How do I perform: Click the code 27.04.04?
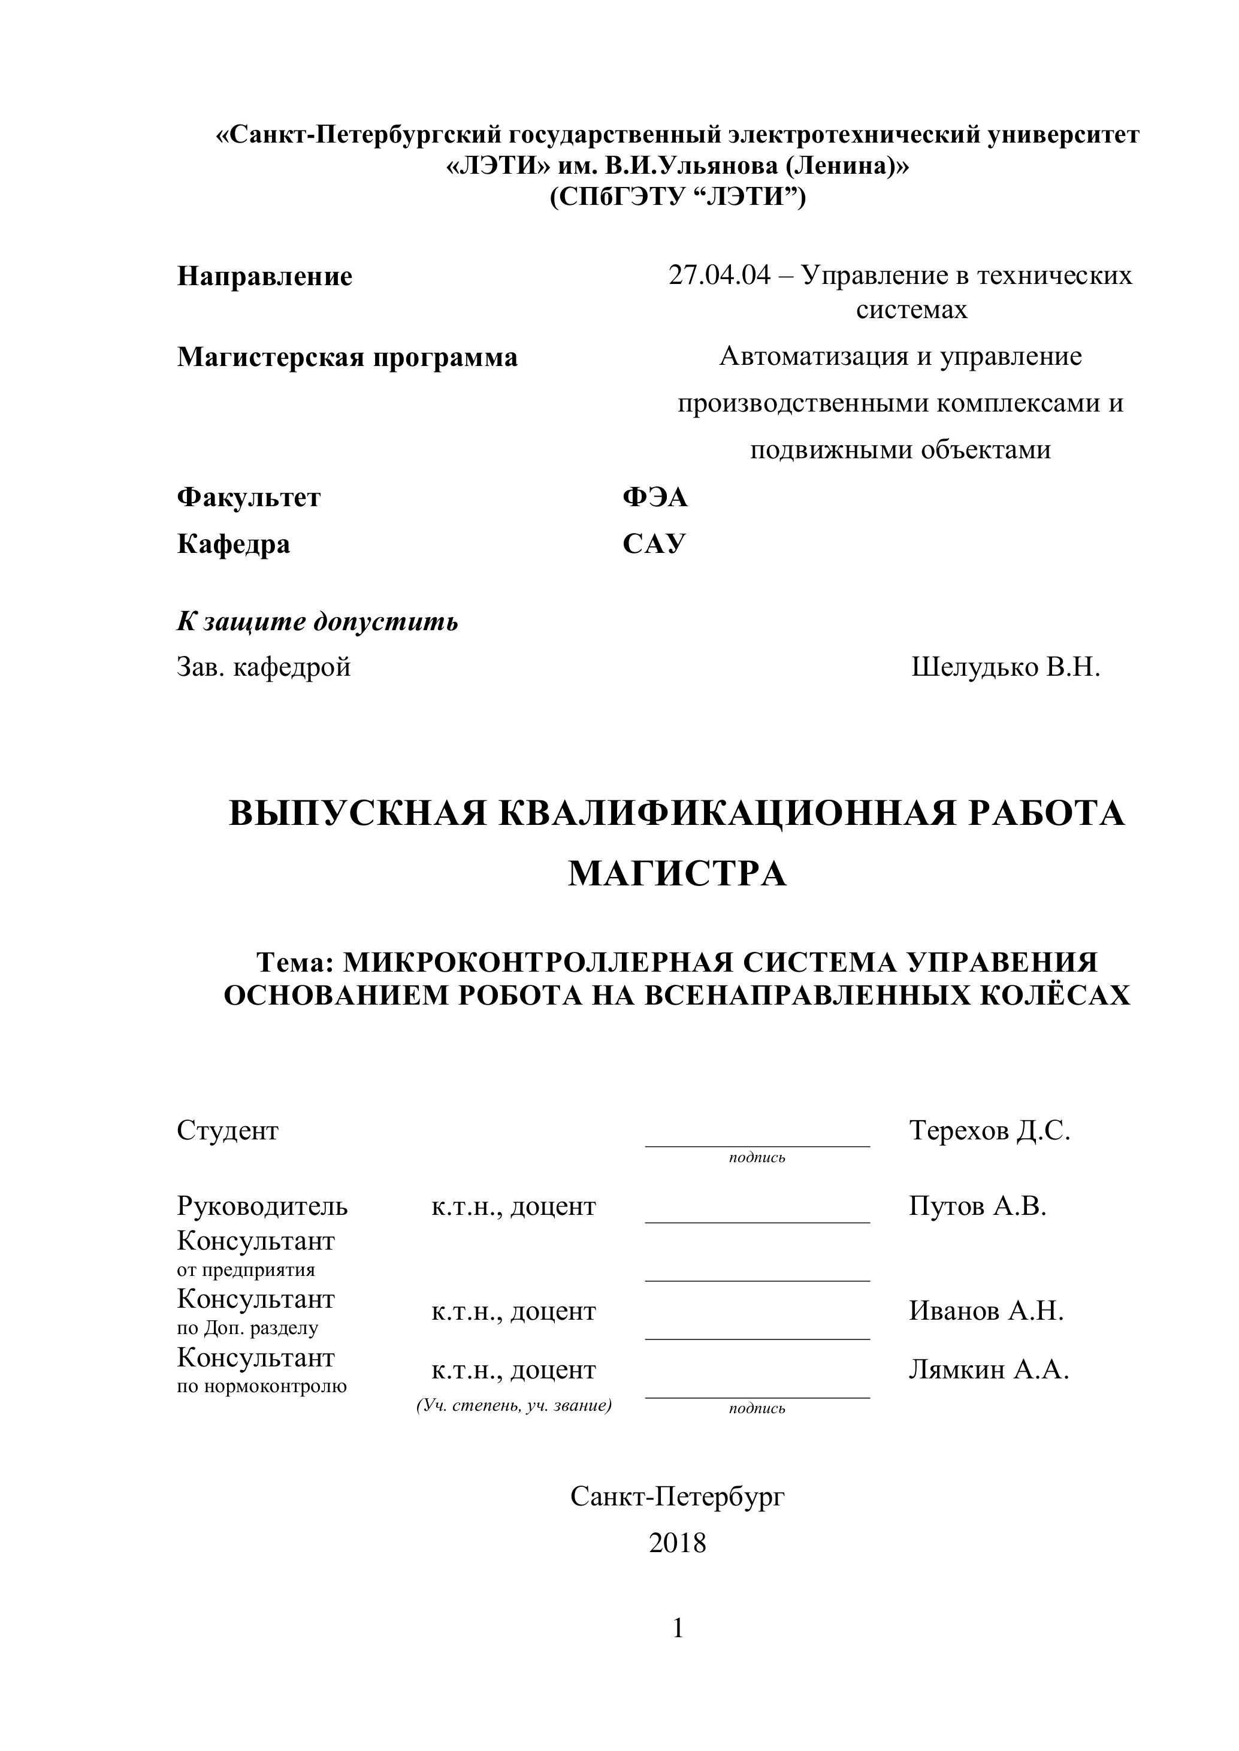tap(720, 276)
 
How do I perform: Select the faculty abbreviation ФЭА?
tap(655, 497)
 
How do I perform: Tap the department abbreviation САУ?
tap(654, 544)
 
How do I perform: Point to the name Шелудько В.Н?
tap(1005, 667)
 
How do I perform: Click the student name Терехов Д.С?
tap(990, 1130)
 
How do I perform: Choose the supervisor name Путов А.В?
tap(977, 1206)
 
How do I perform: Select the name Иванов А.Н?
tap(986, 1311)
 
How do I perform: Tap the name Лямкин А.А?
tap(989, 1371)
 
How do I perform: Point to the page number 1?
tap(678, 1629)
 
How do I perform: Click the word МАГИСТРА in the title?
tap(677, 874)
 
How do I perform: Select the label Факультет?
tap(249, 497)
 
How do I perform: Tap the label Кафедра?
tap(234, 544)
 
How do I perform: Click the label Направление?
tap(265, 276)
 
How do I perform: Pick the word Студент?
tap(227, 1130)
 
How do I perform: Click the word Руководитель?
tap(262, 1206)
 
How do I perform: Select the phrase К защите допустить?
tap(318, 622)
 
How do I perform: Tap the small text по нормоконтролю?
tap(262, 1386)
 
